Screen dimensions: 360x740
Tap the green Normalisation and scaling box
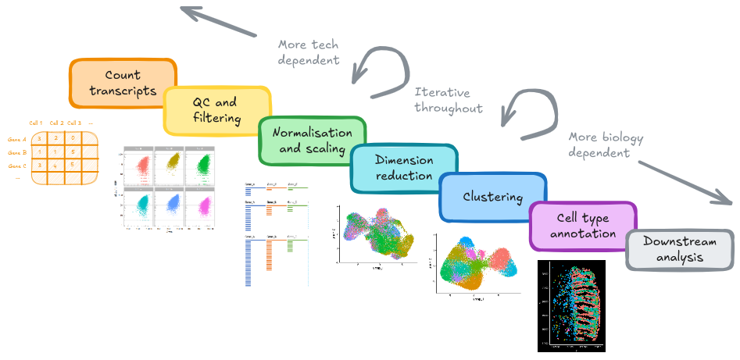(311, 141)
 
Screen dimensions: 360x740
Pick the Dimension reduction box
(404, 168)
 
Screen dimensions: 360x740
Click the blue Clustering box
(492, 198)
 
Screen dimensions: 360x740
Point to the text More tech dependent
(309, 52)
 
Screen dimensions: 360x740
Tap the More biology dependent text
(606, 145)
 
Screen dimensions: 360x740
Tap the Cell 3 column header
(74, 123)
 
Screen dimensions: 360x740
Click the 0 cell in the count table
(73, 138)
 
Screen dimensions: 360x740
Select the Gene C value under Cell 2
(56, 165)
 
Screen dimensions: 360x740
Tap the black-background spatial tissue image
(572, 305)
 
